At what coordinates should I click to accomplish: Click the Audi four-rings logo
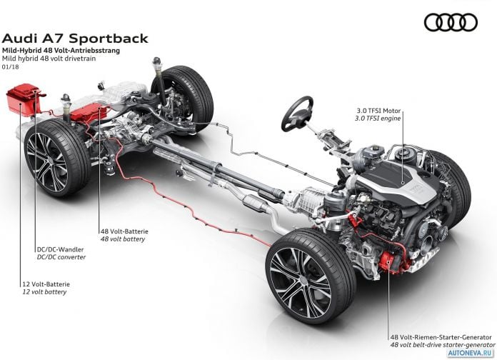[x=451, y=22]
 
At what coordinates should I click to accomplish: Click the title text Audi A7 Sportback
[x=75, y=39]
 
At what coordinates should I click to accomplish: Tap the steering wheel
[x=297, y=114]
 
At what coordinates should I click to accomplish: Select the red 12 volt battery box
[x=24, y=99]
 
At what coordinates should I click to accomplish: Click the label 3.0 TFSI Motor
[x=378, y=111]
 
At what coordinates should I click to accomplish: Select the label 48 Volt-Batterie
[x=124, y=231]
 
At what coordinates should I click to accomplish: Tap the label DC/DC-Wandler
[x=60, y=249]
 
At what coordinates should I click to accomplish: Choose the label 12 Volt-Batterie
[x=46, y=284]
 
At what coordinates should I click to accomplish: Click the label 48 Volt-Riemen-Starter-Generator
[x=441, y=337]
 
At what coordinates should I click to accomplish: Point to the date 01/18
[x=10, y=67]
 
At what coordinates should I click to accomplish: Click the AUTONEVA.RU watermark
[x=471, y=353]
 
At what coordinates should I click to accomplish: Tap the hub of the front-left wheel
[x=303, y=279]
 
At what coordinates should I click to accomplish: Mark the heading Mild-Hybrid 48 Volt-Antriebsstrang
[x=61, y=51]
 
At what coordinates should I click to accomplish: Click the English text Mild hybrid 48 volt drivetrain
[x=49, y=59]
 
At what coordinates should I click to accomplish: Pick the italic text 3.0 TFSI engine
[x=378, y=119]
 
